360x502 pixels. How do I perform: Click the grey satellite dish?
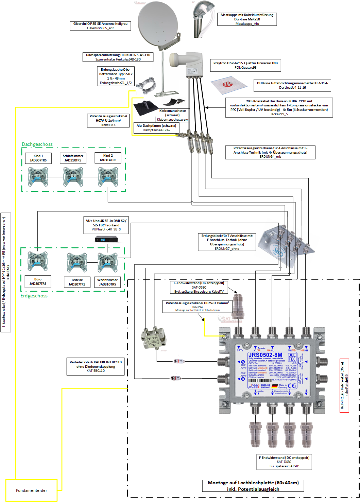coord(158,24)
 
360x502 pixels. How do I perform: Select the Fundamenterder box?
coord(31,490)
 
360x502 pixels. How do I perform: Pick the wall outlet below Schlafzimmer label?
coord(73,177)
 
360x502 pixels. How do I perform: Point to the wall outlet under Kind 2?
coord(108,177)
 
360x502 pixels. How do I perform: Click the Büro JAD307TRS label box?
coord(38,281)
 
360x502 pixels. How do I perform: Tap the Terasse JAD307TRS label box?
coord(77,282)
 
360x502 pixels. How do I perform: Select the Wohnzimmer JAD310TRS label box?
coord(107,282)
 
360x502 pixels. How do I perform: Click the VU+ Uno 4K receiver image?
coord(106,239)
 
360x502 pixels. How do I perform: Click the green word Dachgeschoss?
coord(37,144)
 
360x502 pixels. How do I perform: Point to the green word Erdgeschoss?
coord(34,296)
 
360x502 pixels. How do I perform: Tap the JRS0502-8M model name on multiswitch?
coord(265,355)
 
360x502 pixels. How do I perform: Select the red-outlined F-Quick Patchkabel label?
coord(344,385)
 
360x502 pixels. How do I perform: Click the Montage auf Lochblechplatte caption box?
coord(253,486)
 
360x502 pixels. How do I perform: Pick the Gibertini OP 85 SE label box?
coord(100,26)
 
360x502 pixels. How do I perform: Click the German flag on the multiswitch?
coord(274,386)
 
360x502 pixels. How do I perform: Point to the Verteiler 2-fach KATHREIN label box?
coord(96,366)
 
